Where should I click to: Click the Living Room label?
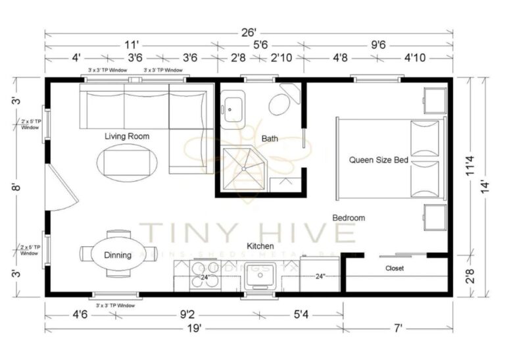click(127, 136)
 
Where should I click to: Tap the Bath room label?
click(270, 139)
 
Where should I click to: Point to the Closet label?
click(395, 269)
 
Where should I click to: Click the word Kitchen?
click(260, 245)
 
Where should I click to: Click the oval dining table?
click(118, 255)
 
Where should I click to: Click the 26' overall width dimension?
click(248, 30)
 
